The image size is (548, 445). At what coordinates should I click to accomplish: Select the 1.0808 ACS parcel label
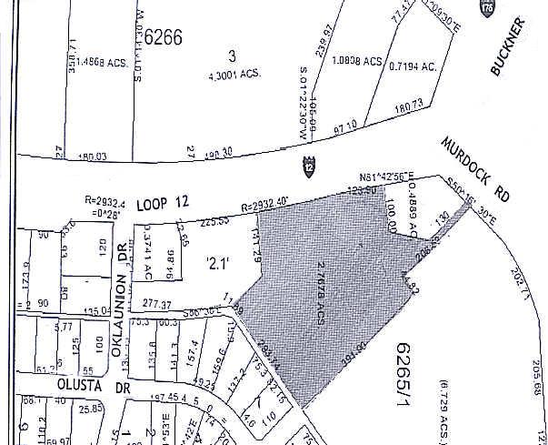pyautogui.click(x=358, y=63)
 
